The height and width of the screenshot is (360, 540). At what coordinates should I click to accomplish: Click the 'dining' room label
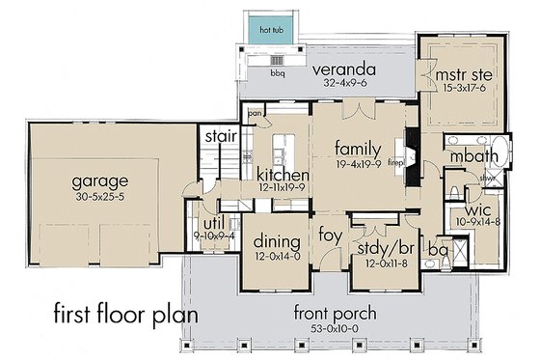[272, 242]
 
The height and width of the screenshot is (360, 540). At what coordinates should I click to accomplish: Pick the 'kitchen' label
[283, 175]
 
